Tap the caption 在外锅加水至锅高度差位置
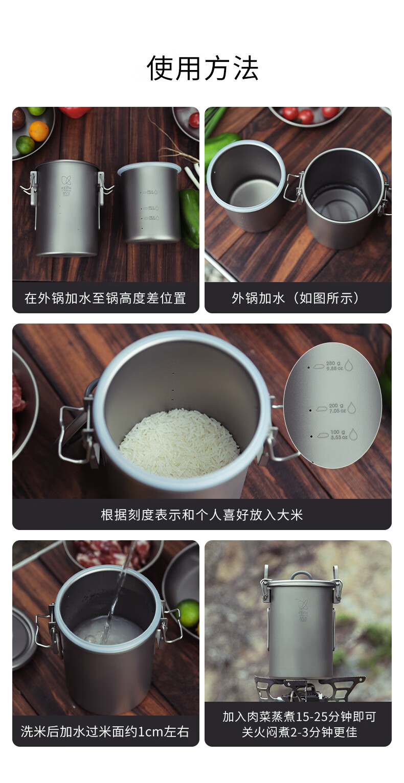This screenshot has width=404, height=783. click(x=105, y=298)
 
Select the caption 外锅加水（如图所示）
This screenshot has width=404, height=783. click(x=298, y=298)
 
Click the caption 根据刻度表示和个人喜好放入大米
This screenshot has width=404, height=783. click(x=202, y=515)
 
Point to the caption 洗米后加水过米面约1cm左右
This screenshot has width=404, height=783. click(x=105, y=731)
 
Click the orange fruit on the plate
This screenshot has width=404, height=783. click(x=39, y=131)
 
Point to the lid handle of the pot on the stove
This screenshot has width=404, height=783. click(x=301, y=575)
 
